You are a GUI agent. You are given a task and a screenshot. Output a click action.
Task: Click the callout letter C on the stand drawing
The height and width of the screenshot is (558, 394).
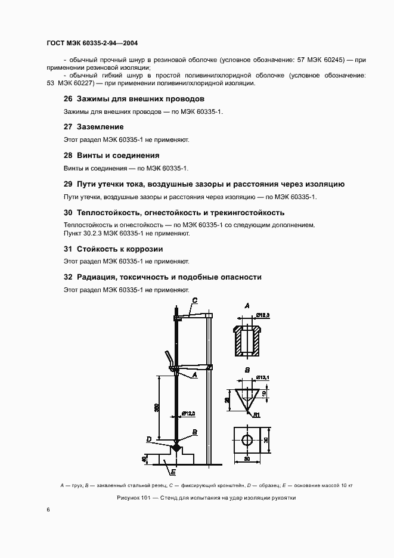point(194,301)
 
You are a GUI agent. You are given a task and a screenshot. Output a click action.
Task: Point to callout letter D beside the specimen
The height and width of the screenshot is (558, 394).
point(148,439)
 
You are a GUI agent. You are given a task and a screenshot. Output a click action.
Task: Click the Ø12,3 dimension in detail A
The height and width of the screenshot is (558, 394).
point(263,315)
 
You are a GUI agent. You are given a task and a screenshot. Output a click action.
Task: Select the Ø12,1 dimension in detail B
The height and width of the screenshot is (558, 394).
point(263,377)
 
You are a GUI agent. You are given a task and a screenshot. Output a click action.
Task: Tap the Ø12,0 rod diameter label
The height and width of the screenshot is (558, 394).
point(190,413)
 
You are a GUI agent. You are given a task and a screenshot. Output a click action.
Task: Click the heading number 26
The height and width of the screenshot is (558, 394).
point(67,98)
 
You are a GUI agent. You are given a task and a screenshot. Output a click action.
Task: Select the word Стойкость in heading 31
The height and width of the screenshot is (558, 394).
point(98,249)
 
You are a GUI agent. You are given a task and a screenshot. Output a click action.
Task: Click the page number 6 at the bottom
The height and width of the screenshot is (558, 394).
point(48,510)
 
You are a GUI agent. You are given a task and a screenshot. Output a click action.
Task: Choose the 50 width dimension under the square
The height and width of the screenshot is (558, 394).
point(247,460)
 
